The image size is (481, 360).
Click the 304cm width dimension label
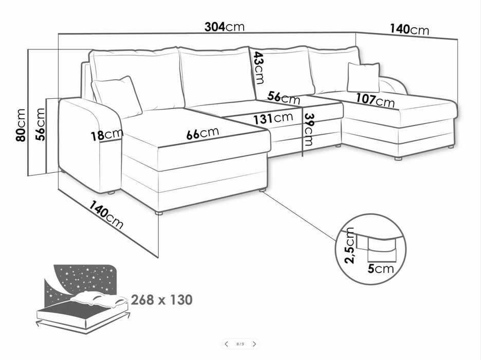225,27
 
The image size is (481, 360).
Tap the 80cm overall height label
21,124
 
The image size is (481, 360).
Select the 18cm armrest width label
107,135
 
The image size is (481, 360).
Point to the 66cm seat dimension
202,133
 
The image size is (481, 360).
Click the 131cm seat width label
273,118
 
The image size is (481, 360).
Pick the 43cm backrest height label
259,68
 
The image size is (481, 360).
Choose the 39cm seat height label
308,130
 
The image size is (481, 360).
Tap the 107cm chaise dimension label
375,100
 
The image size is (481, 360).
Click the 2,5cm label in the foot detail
349,245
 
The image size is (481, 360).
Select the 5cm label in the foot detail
381,269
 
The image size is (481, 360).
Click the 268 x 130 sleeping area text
162,299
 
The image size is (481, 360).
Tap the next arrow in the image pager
254,344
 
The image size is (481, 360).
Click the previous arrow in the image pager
226,344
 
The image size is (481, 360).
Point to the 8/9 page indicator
240,344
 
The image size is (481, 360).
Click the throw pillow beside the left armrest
117,97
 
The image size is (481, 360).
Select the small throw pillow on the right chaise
363,77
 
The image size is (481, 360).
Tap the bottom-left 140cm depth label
106,215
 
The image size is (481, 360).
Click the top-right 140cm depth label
409,29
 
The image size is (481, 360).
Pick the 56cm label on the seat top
283,98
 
